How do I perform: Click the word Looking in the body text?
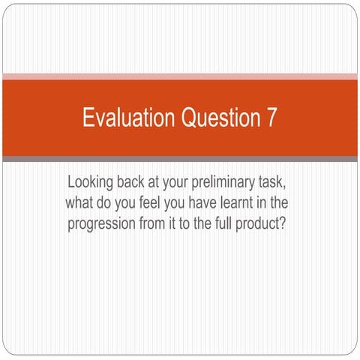click(91, 182)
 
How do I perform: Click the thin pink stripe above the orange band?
click(180, 76)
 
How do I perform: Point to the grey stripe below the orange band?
click(180, 159)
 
